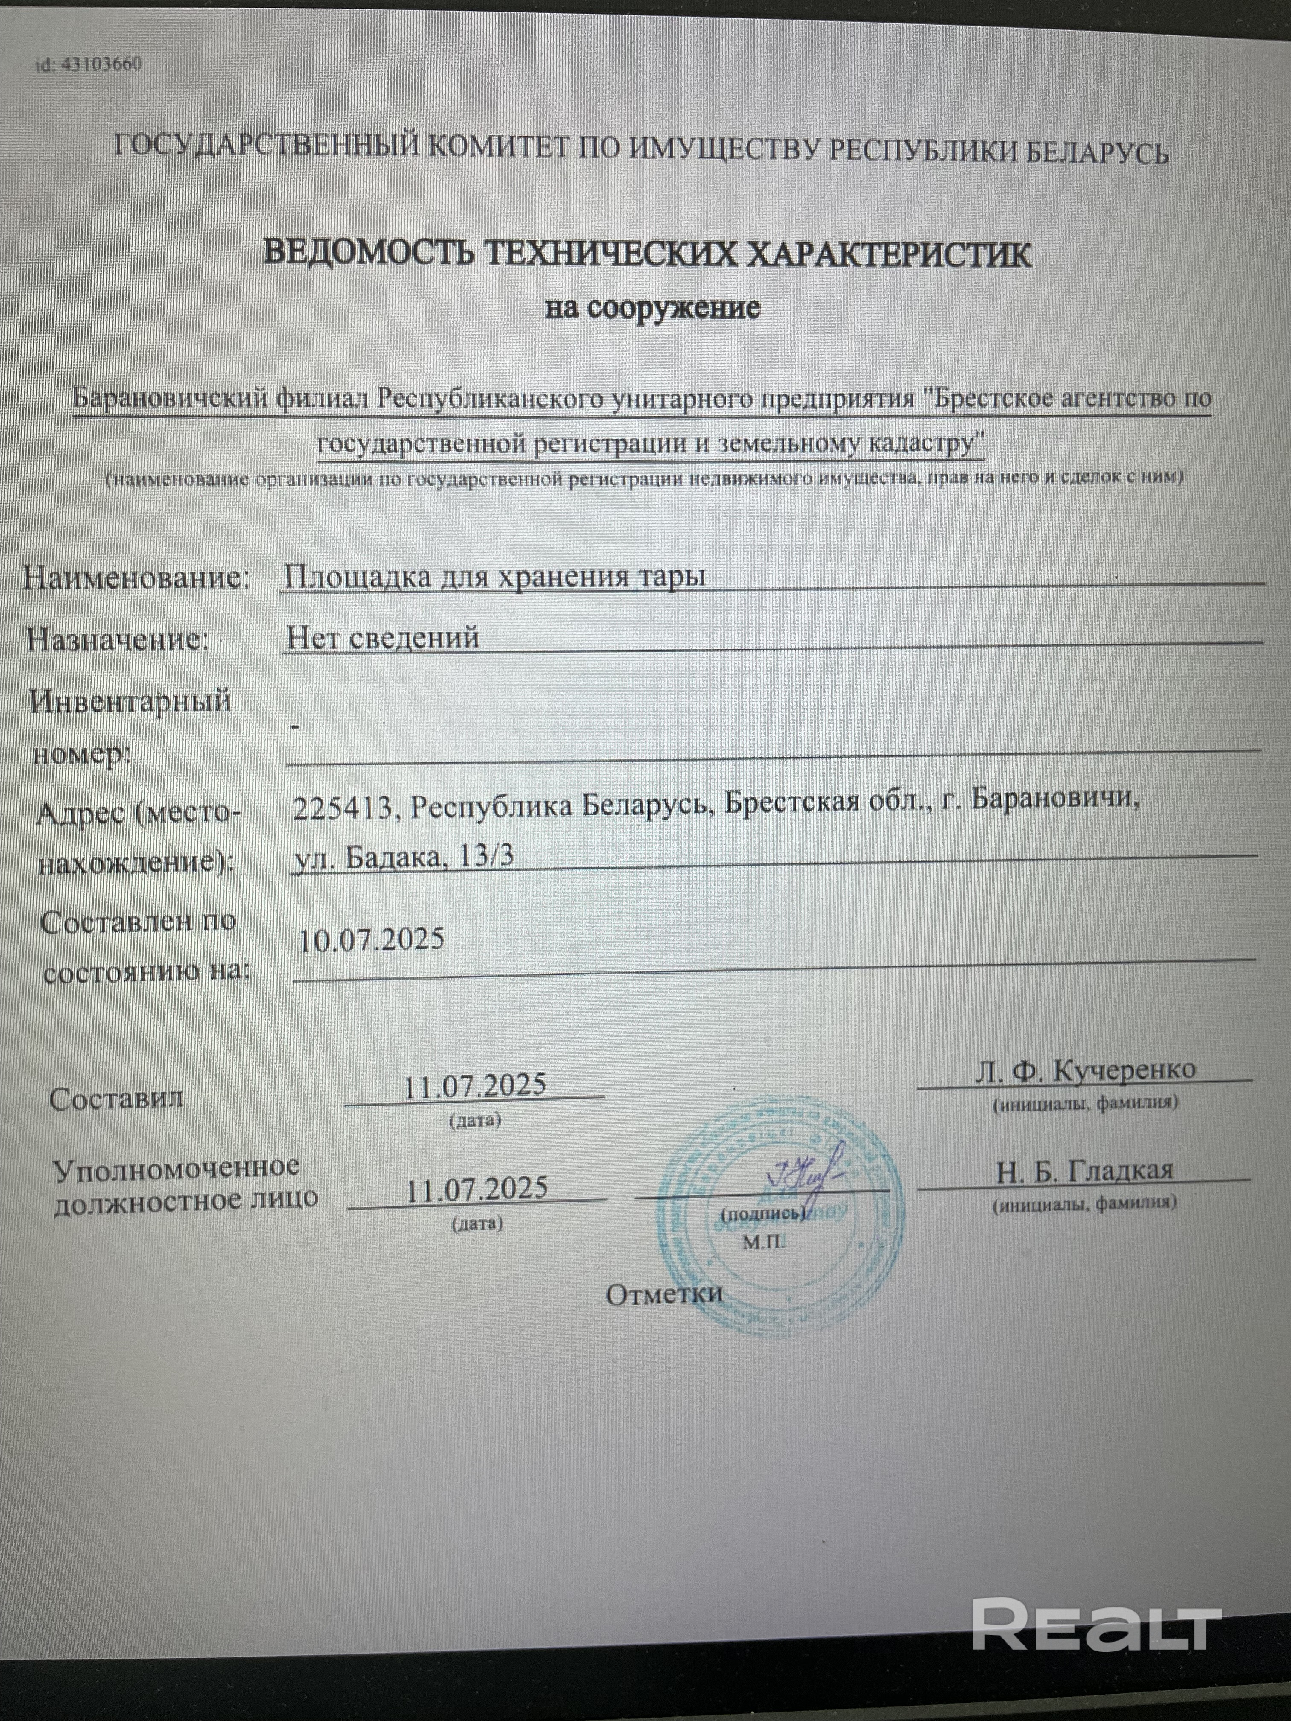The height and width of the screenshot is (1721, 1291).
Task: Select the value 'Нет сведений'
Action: [383, 638]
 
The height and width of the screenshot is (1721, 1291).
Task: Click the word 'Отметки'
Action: [664, 1294]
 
